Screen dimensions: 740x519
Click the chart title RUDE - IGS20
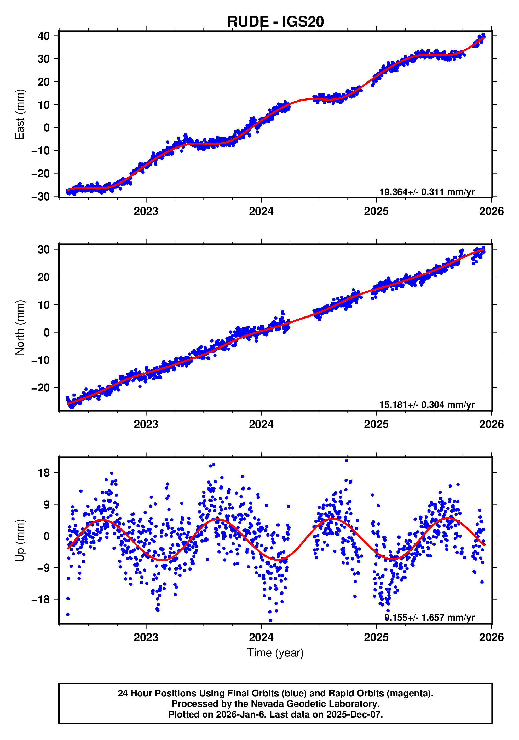pos(275,22)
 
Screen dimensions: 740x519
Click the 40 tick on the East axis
pos(44,36)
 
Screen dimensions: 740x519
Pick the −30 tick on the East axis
pos(41,196)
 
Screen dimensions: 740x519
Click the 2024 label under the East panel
pos(261,212)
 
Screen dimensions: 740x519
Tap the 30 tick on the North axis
pos(44,249)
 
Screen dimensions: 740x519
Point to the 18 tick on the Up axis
pos(44,473)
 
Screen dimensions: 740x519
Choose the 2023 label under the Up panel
pos(146,637)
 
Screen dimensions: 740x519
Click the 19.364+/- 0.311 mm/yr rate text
pos(426,192)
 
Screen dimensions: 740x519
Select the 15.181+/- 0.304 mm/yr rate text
pos(426,405)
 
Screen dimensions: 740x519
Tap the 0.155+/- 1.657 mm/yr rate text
pos(429,618)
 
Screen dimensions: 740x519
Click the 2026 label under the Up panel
pos(491,637)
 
